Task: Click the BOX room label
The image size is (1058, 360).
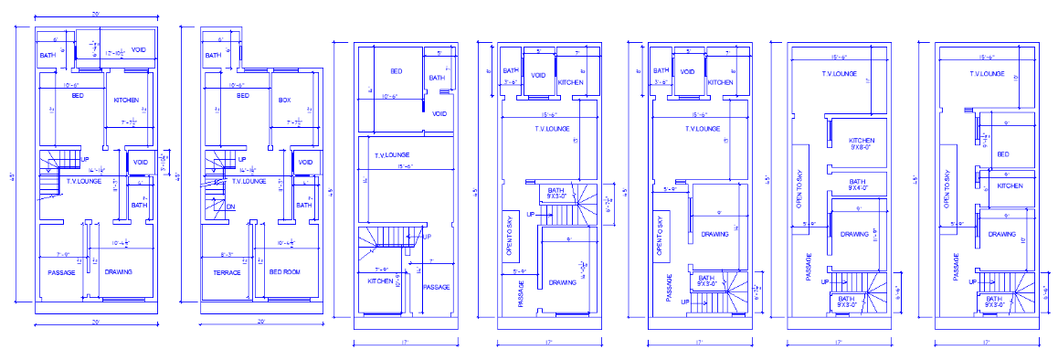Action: tap(284, 99)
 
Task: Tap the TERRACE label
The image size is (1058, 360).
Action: tap(227, 272)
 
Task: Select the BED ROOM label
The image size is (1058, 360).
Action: tap(283, 272)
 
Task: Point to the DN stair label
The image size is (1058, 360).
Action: tap(230, 206)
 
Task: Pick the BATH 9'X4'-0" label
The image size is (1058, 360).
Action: tap(857, 185)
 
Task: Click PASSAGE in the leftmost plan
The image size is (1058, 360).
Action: tap(60, 272)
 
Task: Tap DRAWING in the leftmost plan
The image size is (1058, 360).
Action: tap(119, 272)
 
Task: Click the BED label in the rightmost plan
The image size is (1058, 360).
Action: tap(1002, 154)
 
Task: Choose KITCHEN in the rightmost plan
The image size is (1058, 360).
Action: tap(1010, 185)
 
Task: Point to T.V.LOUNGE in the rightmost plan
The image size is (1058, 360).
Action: tap(986, 74)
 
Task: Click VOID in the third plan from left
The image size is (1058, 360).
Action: tap(439, 114)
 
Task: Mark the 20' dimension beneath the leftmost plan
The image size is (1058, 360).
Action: tap(94, 323)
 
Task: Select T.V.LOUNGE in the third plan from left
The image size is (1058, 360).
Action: tap(391, 155)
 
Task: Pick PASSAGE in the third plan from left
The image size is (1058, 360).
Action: tap(437, 287)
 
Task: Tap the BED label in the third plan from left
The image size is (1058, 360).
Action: tap(397, 71)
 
